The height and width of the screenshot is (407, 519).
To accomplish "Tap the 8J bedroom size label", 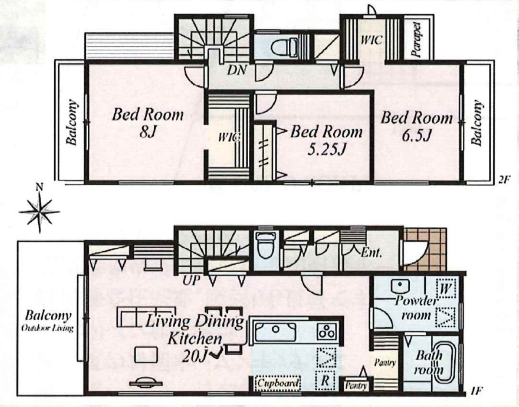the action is coord(148,131).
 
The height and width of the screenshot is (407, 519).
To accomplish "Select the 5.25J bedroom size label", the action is coord(327,149).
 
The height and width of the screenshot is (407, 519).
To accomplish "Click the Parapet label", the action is coord(417,39).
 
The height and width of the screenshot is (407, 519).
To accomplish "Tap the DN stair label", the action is coord(237,70).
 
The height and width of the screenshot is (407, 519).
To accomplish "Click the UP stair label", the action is coord(191,281).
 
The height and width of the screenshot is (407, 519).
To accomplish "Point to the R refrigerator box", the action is coord(325,380).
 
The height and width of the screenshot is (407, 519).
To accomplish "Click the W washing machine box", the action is coord(446,289).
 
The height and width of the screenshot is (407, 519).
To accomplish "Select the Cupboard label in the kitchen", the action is coord(278,383).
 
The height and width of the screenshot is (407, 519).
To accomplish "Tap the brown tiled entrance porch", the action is coord(425,249).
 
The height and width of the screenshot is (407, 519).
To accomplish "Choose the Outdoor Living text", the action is coord(47,329).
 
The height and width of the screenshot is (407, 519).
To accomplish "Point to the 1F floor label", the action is coord(476,391).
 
